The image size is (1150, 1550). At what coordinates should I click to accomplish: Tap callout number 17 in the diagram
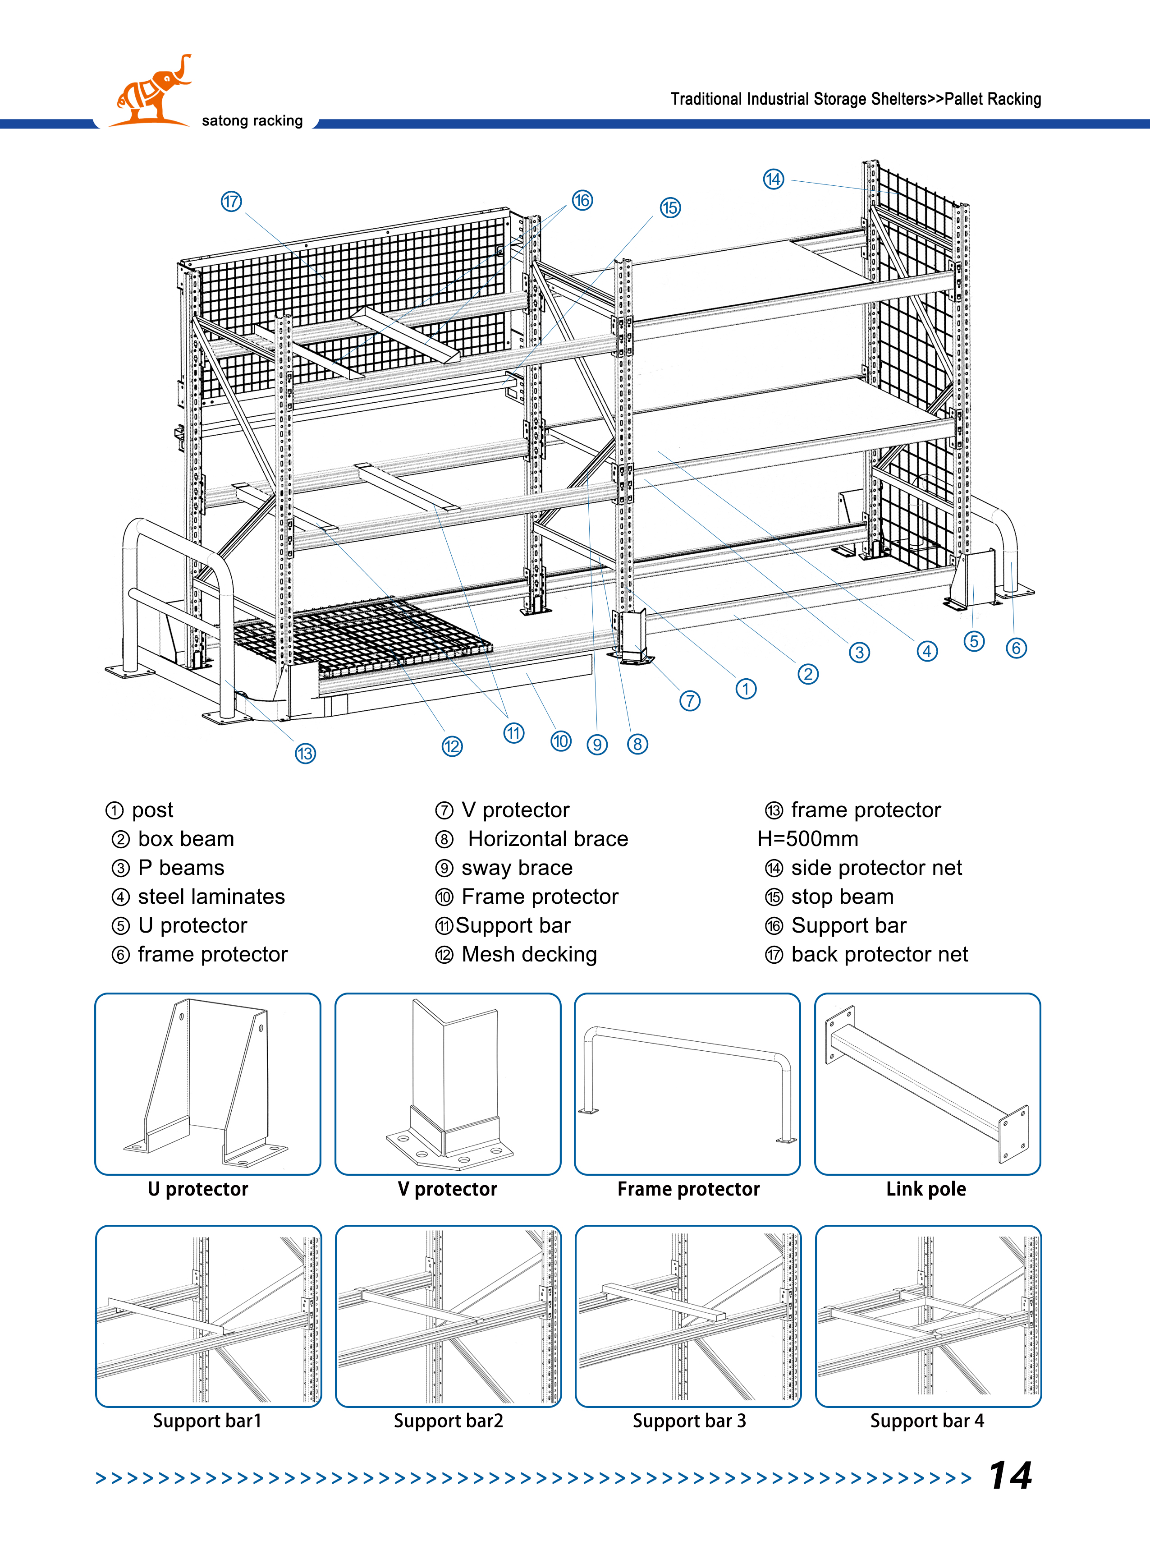coord(231,202)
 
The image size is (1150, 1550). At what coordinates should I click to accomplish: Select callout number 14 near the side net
coord(774,179)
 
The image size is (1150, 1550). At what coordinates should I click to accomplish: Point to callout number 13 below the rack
coord(305,754)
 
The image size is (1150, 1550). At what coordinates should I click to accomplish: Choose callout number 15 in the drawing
coord(670,207)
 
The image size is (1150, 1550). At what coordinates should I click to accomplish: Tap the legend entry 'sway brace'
coord(517,868)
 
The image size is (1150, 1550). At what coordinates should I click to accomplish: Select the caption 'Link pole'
coord(926,1189)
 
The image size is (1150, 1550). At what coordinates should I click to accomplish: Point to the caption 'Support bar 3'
coord(689,1421)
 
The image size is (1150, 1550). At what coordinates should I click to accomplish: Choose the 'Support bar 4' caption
coord(927,1421)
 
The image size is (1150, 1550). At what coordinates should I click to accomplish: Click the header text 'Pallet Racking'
coord(993,99)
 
